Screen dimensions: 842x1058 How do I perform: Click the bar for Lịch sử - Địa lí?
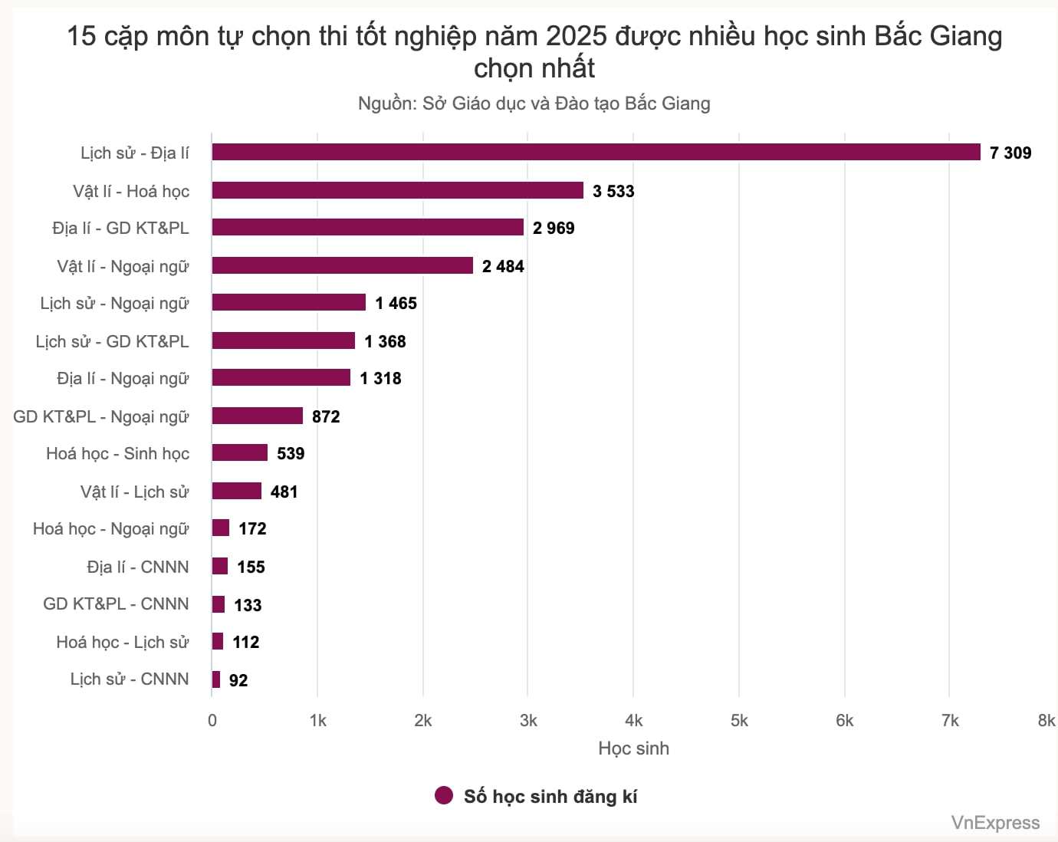pyautogui.click(x=596, y=152)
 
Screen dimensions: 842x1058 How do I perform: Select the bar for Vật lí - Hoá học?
pyautogui.click(x=397, y=190)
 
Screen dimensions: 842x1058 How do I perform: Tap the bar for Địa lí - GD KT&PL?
pyautogui.click(x=367, y=227)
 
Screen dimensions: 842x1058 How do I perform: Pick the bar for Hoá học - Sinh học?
pyautogui.click(x=239, y=452)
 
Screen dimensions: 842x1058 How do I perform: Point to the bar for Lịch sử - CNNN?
pyautogui.click(x=216, y=679)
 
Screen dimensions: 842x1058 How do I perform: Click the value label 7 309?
pyautogui.click(x=1010, y=153)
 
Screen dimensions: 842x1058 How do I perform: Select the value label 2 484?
pyautogui.click(x=503, y=266)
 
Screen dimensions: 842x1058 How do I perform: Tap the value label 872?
pyautogui.click(x=326, y=416)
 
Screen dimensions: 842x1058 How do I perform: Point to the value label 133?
pyautogui.click(x=248, y=605)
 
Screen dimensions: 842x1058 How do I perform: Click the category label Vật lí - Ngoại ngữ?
pyautogui.click(x=123, y=266)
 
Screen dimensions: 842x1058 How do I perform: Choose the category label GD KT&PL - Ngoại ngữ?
pyautogui.click(x=100, y=416)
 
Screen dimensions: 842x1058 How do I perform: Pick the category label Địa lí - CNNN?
pyautogui.click(x=137, y=567)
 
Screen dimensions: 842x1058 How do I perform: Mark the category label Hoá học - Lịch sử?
pyautogui.click(x=122, y=642)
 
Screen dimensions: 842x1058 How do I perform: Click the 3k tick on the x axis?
pyautogui.click(x=528, y=720)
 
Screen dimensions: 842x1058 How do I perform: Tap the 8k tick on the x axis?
pyautogui.click(x=1046, y=720)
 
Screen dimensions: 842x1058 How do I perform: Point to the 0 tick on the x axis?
pyautogui.click(x=212, y=720)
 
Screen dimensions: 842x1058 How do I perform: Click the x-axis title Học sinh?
pyautogui.click(x=633, y=748)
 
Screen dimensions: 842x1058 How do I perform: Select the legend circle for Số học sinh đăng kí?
pyautogui.click(x=444, y=796)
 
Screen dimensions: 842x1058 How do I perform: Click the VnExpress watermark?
pyautogui.click(x=995, y=823)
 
